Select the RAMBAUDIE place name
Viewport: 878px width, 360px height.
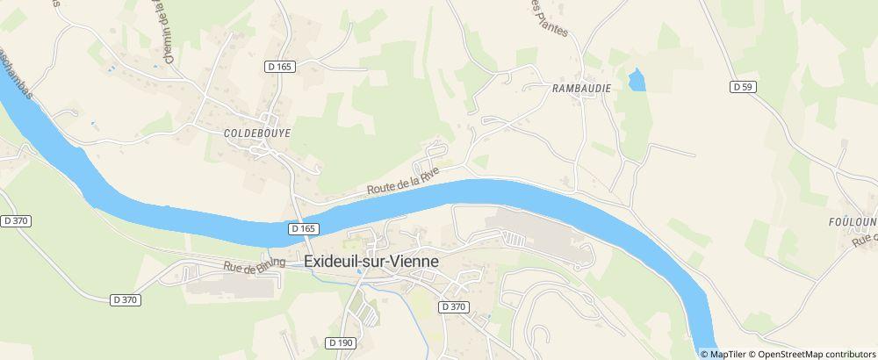[581, 89]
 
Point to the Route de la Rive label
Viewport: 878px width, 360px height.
[402, 184]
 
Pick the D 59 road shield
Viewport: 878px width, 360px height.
[743, 86]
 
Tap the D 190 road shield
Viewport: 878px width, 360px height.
[343, 342]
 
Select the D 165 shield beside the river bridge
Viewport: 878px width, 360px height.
[302, 228]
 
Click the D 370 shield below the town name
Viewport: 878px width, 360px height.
[453, 306]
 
